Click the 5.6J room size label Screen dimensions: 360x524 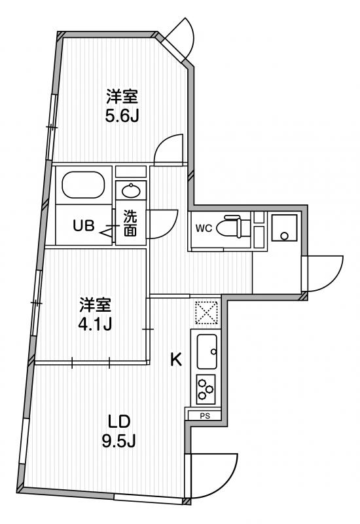point(122,116)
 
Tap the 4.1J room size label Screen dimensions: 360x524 point(95,324)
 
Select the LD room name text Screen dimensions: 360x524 point(118,421)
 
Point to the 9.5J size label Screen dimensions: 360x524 point(118,441)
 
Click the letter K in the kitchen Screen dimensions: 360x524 point(175,360)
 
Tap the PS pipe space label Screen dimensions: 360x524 point(205,416)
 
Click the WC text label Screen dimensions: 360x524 point(204,229)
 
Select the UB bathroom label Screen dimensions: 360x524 point(84,226)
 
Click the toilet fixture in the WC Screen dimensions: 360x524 point(233,226)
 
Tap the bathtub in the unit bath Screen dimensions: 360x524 point(83,185)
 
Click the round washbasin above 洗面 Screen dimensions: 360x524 point(131,191)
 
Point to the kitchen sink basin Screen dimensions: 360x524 point(207,351)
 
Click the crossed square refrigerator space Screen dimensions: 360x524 point(206,313)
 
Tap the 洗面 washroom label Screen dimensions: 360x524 point(130,223)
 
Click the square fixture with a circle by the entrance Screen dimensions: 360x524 point(284,227)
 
